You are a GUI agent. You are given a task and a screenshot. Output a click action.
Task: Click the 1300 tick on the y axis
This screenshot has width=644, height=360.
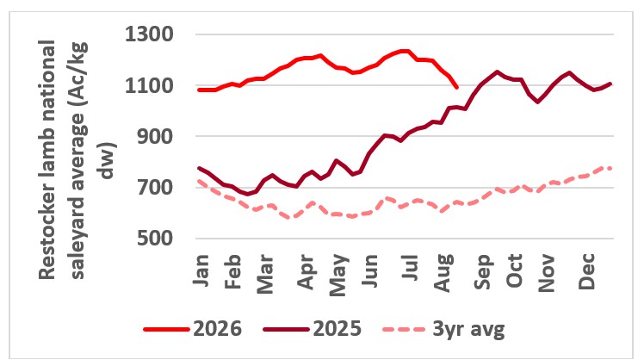(149, 34)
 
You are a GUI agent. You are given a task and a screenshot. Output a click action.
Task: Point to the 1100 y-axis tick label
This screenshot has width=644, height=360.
(149, 86)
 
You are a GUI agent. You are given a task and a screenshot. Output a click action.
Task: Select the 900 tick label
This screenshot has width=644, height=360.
(155, 136)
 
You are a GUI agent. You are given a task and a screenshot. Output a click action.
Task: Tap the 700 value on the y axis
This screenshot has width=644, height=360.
(155, 188)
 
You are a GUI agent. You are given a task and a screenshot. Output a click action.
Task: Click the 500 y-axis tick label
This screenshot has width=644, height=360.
(155, 238)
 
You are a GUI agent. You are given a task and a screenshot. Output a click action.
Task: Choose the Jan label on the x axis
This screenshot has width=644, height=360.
(201, 270)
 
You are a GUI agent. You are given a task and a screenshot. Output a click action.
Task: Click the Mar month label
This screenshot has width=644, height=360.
(265, 274)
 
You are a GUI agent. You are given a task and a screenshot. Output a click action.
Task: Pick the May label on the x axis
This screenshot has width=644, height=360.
(338, 275)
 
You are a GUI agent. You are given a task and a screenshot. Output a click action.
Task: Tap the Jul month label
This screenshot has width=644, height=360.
(411, 267)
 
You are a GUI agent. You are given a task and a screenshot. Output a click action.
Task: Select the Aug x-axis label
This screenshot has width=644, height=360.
(444, 273)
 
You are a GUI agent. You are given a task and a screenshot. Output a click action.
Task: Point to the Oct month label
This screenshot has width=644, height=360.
(514, 270)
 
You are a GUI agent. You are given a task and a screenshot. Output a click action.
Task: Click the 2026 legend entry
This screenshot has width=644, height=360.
(193, 329)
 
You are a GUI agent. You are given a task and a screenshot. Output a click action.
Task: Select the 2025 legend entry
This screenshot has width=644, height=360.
(313, 329)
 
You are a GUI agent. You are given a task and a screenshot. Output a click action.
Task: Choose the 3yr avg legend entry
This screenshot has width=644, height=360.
(443, 329)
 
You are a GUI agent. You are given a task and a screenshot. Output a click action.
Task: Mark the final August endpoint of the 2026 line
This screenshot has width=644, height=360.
(456, 87)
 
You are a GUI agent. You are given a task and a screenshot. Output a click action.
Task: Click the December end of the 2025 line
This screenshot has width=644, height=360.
(610, 84)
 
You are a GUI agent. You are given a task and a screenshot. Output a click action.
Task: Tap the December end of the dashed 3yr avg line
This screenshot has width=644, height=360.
(610, 168)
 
